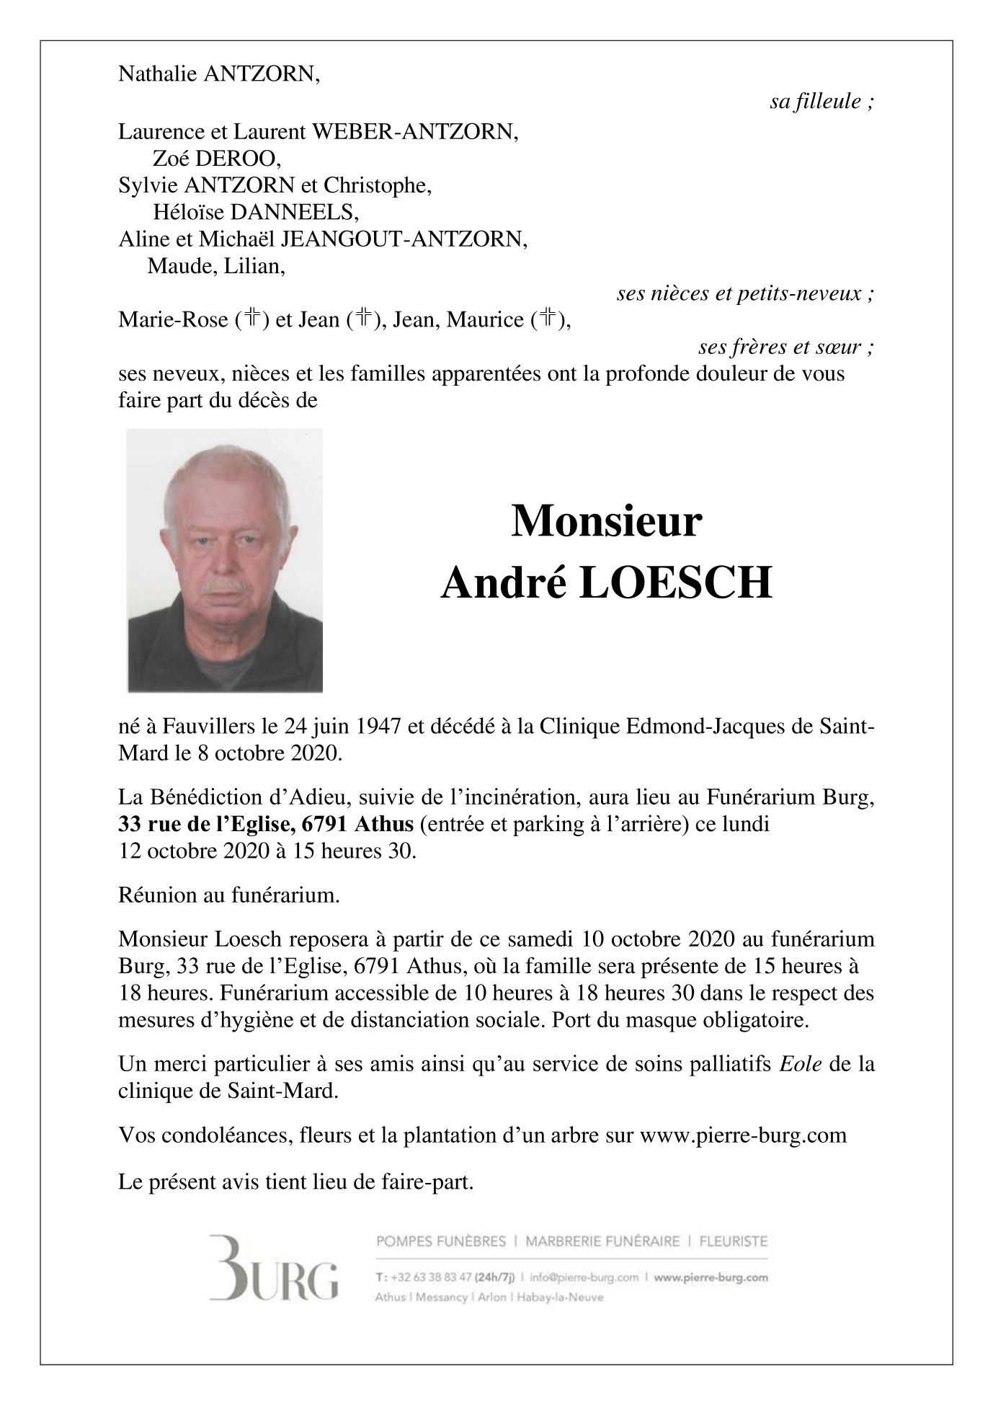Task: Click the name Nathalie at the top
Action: [157, 74]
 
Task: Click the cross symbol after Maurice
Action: [548, 319]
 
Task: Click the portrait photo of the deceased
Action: [225, 560]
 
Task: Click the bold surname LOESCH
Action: [674, 583]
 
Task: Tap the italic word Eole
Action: [801, 1064]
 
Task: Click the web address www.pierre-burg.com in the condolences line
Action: [743, 1135]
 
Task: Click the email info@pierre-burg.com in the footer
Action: [584, 1277]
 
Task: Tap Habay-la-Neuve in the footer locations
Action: [559, 1298]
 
